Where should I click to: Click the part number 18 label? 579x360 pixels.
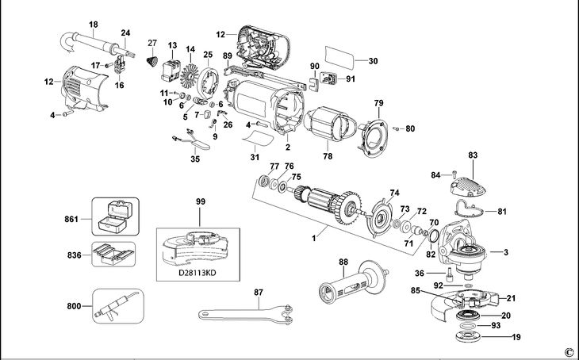(94, 25)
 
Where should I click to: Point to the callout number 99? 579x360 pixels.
(199, 203)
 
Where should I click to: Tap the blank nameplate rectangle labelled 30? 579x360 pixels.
(341, 60)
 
